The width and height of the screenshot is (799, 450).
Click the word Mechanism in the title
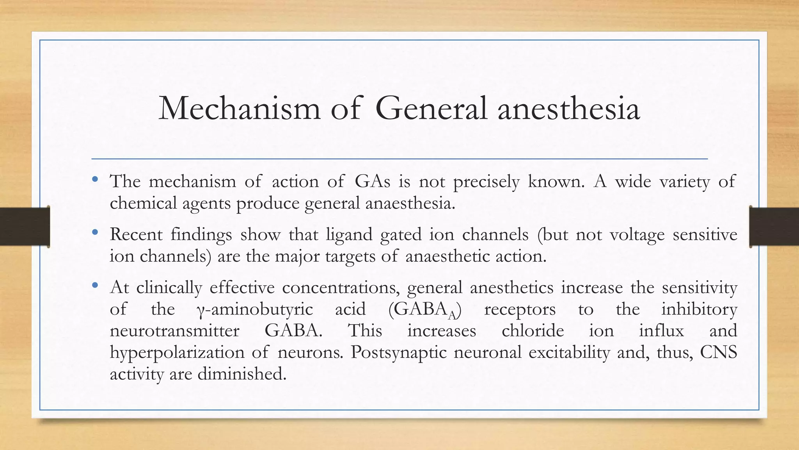point(239,108)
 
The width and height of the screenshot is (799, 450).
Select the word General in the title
point(431,108)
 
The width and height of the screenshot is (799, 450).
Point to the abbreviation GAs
point(372,182)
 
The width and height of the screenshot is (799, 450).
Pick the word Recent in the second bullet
point(136,234)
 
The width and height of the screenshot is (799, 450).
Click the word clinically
point(169,288)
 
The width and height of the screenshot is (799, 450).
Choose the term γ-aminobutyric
point(254,310)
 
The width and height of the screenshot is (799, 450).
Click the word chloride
point(533,331)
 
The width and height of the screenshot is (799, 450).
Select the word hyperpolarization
point(176,353)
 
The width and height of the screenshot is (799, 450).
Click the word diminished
point(242,374)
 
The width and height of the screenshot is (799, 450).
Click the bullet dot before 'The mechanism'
point(95,180)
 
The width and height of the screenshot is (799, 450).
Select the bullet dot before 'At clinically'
point(95,286)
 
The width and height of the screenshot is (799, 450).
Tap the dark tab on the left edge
point(25,227)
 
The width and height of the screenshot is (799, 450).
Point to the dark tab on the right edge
point(774,227)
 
